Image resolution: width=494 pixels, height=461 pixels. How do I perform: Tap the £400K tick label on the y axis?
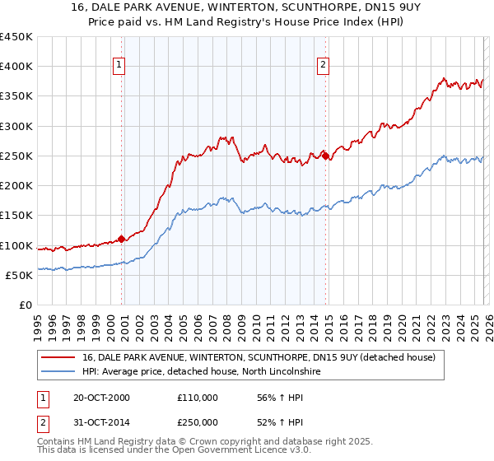tap(16, 67)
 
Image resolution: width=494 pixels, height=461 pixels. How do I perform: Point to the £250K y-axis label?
tap(16, 156)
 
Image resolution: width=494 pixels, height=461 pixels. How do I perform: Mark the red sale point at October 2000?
tap(122, 239)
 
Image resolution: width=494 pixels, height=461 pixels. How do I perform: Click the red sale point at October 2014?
tap(326, 155)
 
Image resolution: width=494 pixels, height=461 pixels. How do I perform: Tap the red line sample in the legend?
tap(59, 357)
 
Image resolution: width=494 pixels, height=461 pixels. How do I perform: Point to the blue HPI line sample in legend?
tap(59, 372)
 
